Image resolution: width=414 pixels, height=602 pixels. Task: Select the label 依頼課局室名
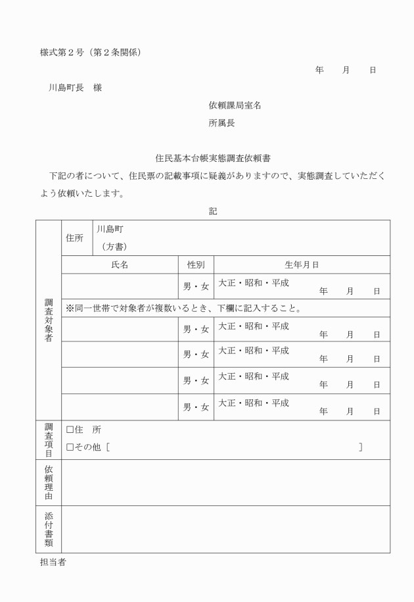click(x=235, y=105)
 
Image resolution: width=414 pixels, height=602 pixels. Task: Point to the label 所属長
click(x=221, y=122)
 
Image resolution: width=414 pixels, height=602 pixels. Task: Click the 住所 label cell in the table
click(x=75, y=238)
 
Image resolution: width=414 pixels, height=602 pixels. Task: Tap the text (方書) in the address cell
click(x=113, y=246)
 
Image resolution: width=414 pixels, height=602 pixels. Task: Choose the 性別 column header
click(x=196, y=265)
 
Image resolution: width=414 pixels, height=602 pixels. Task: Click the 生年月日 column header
click(x=302, y=265)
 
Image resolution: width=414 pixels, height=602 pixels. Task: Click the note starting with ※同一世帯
click(x=183, y=308)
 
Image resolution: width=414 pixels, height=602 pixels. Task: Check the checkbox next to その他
click(x=70, y=447)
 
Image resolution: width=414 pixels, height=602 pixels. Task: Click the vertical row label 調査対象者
click(x=49, y=319)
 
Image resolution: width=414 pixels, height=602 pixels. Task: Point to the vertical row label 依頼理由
click(x=49, y=482)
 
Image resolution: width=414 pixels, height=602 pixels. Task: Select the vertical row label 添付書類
click(x=49, y=529)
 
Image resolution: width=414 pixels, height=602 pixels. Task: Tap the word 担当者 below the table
click(x=53, y=563)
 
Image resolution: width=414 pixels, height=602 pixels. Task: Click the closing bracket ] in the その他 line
click(x=361, y=447)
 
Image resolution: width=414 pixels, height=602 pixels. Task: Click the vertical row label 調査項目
click(x=49, y=439)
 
